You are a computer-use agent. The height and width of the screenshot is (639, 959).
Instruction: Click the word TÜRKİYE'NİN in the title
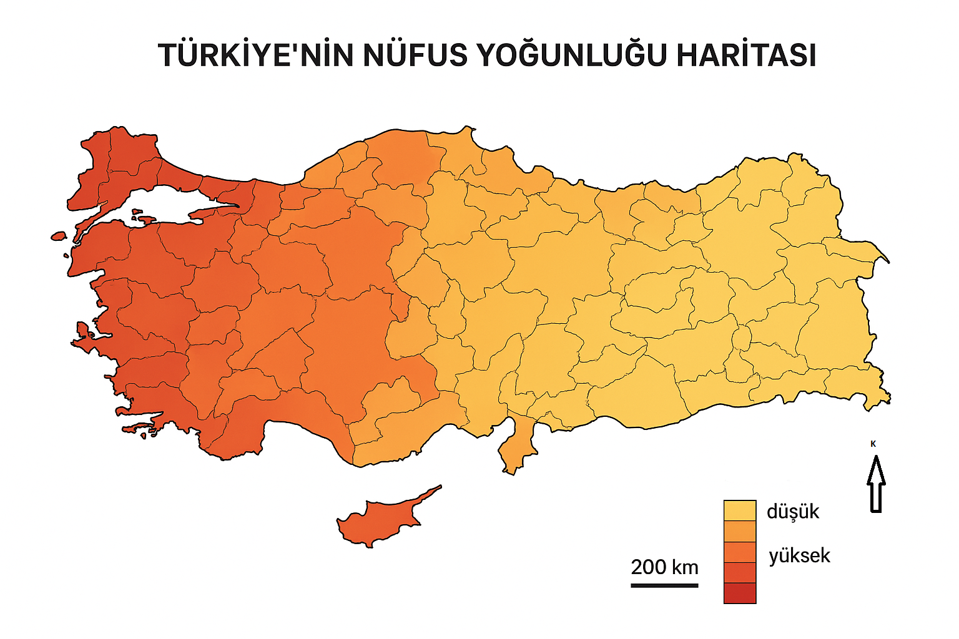256,55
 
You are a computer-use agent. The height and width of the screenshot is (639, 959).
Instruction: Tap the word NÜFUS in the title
415,55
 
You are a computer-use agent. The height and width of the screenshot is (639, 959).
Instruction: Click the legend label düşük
792,512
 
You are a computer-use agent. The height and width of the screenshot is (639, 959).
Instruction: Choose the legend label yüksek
799,555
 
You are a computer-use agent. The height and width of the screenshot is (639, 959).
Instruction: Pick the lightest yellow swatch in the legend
740,510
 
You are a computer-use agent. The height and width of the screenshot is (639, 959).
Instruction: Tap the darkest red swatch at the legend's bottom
740,593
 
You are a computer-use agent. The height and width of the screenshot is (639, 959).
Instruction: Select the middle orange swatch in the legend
740,552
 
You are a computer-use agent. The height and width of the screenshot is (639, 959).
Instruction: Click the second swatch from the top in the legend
740,531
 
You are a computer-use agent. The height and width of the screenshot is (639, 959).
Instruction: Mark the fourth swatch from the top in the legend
740,572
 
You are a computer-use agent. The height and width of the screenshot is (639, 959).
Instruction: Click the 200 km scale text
664,567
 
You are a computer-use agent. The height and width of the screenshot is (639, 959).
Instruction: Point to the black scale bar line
664,585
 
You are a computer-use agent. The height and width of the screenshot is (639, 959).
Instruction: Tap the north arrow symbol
876,485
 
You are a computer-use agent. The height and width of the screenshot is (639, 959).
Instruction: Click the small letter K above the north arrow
873,444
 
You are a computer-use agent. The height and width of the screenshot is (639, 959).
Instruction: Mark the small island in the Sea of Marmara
145,220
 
